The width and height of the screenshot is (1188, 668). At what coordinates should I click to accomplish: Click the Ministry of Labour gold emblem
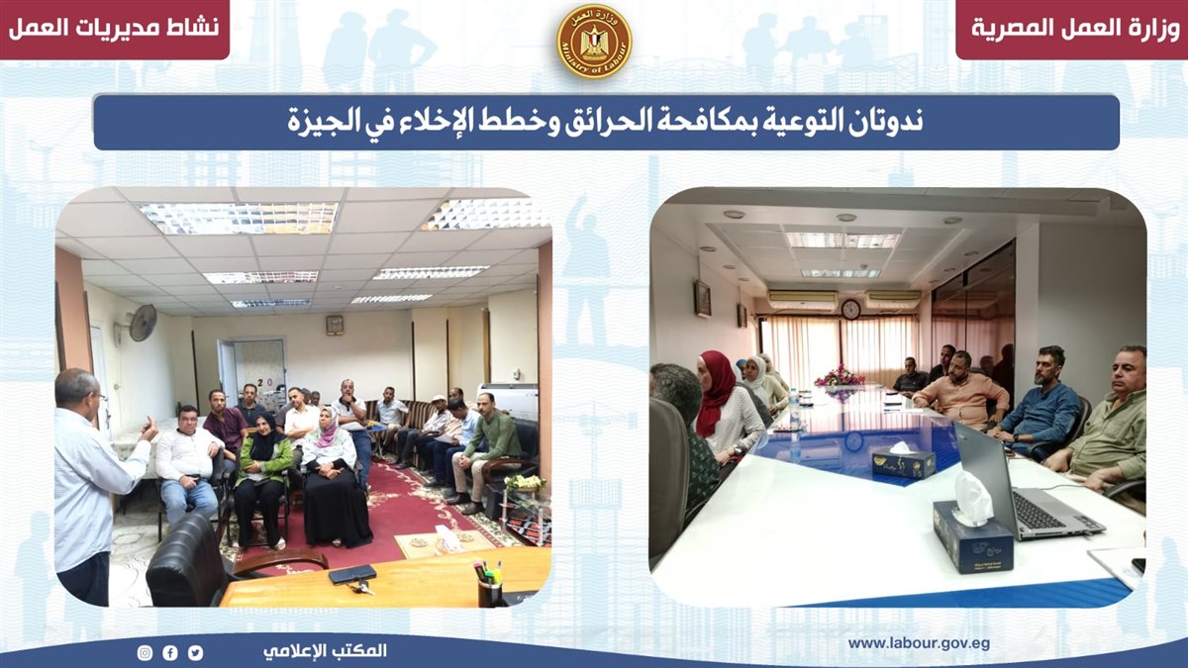[x=594, y=42]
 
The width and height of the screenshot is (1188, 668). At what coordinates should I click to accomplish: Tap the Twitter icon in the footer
[x=195, y=652]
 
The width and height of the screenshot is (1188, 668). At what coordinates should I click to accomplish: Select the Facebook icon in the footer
[x=170, y=652]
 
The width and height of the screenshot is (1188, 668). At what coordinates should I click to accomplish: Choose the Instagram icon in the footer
[x=145, y=652]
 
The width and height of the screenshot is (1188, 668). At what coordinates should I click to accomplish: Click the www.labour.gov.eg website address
[x=919, y=643]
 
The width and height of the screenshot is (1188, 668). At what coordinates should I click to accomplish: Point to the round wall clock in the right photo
[x=850, y=309]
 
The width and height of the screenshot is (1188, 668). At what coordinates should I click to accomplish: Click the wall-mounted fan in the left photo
[x=141, y=323]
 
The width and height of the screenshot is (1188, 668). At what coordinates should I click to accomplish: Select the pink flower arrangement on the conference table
[x=840, y=376]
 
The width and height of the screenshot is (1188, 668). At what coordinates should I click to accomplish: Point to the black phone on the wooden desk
[x=352, y=574]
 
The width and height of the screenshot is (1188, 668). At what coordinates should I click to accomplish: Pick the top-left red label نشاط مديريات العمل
[x=114, y=28]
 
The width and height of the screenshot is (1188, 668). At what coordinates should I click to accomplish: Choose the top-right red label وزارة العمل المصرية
[x=1075, y=28]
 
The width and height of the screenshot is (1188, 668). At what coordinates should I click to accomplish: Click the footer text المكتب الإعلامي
[x=325, y=651]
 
